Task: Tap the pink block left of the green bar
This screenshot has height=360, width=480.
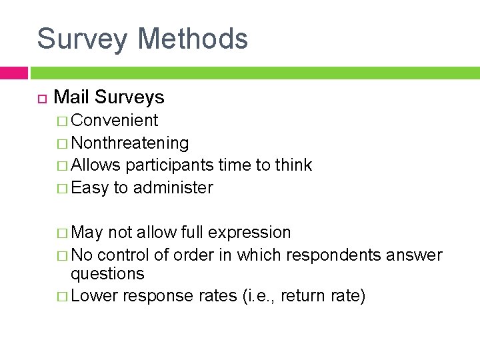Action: pos(14,72)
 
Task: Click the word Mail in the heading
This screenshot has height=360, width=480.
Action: pos(71,97)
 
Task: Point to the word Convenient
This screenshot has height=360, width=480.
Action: pos(115,121)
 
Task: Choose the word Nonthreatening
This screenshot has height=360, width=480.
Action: pos(130,143)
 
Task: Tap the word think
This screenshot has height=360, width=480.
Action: pos(293,165)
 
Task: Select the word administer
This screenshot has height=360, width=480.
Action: pos(173,188)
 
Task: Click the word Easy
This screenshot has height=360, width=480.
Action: pos(89,188)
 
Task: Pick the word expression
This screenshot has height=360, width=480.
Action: pos(249,233)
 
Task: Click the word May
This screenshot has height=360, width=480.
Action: pos(87,233)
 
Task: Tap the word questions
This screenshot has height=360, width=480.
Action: pos(107,274)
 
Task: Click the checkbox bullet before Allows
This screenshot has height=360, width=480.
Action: pos(63,165)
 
